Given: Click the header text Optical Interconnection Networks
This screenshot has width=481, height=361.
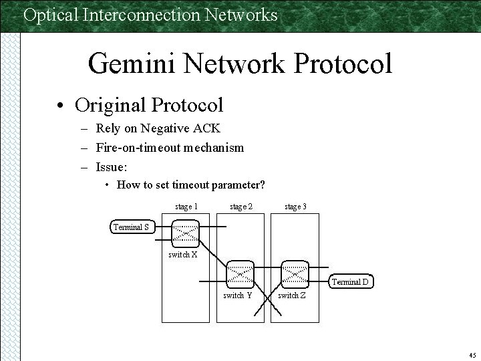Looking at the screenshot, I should click(x=150, y=15).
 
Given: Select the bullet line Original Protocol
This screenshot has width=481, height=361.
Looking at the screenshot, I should click(x=149, y=105).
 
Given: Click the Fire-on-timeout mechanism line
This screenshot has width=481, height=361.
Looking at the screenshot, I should click(x=170, y=147).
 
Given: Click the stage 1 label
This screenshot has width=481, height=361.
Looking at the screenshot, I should click(x=186, y=207).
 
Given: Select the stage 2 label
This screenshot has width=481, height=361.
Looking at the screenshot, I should click(x=240, y=207).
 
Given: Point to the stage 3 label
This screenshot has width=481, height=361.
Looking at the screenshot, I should click(x=295, y=207).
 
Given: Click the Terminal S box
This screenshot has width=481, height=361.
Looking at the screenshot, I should click(x=132, y=227).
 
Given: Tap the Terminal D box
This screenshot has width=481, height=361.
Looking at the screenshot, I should click(x=350, y=282).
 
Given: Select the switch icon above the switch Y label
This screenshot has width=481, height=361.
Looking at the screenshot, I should click(x=240, y=273).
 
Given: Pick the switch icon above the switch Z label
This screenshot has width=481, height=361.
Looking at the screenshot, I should click(x=293, y=273).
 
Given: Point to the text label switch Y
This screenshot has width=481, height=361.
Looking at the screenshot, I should click(x=237, y=295).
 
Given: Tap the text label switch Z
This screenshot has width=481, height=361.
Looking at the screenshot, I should click(x=292, y=295).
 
